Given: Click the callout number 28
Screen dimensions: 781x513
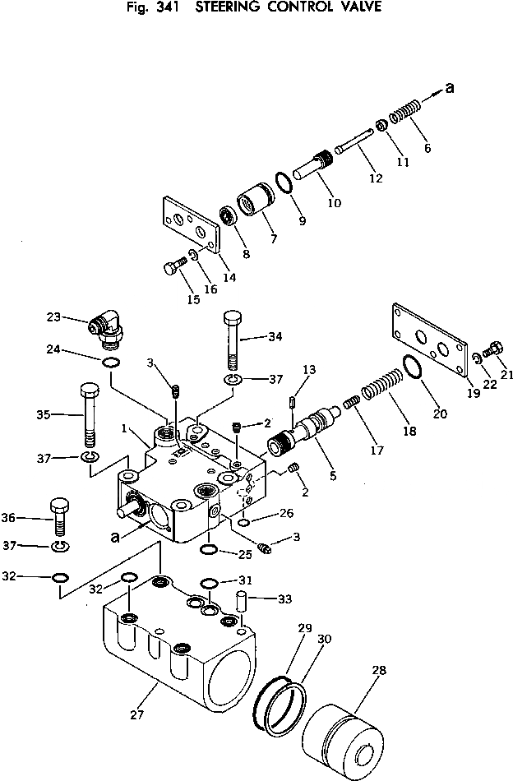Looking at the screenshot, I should pos(378,671).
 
